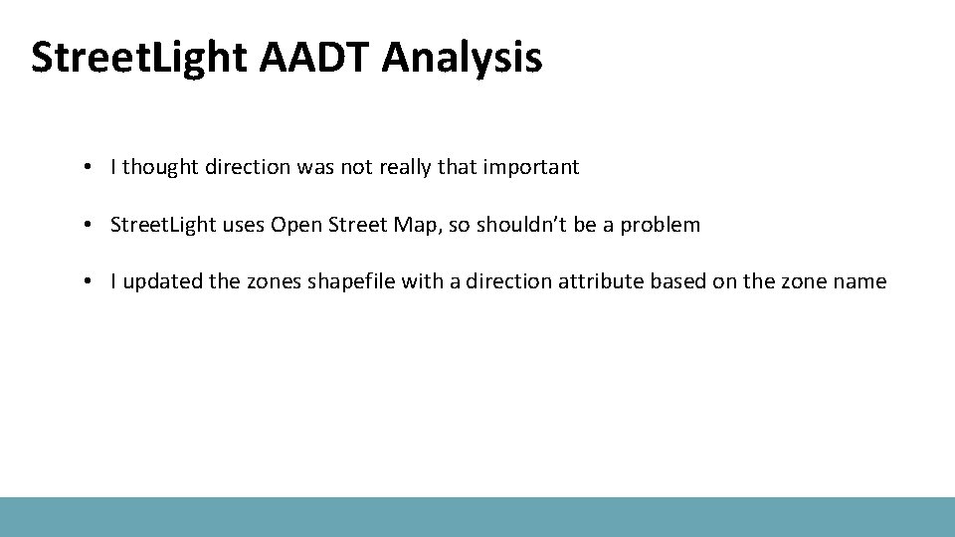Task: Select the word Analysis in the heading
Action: click(x=462, y=58)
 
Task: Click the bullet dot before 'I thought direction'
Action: click(x=90, y=168)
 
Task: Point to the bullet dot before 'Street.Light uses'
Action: click(x=90, y=226)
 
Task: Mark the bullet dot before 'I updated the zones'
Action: click(x=90, y=282)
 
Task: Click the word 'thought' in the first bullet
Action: click(x=160, y=167)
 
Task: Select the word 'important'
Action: click(x=531, y=167)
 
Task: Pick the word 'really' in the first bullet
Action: click(x=403, y=167)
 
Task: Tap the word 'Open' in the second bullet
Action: click(x=294, y=225)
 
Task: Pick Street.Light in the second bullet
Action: click(x=160, y=225)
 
